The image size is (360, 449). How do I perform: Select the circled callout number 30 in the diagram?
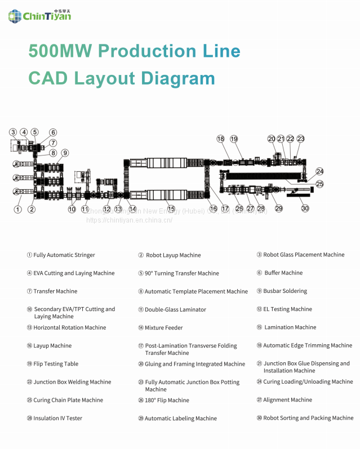pos(305,208)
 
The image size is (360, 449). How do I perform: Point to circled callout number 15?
pos(171,209)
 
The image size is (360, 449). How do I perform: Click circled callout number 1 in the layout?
pos(18,210)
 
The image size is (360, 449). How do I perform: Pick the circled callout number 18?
pos(220,139)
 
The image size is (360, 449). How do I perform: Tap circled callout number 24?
pos(319,171)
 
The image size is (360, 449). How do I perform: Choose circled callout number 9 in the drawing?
pos(65,153)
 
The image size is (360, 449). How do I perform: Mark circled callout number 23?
pos(300,139)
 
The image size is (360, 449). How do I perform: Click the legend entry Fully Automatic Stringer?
pos(64,255)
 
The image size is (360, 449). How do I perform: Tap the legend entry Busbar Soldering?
pos(285,291)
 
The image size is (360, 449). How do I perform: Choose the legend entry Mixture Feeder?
pos(163,328)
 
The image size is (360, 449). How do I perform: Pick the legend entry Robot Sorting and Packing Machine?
pos(308,418)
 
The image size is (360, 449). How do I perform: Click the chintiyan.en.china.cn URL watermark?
pos(129,220)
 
